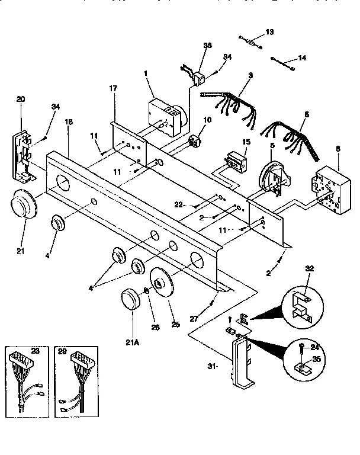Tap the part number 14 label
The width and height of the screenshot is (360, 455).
click(x=303, y=58)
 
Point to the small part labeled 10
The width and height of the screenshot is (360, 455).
click(x=195, y=142)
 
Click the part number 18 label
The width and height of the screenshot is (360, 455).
click(x=69, y=121)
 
